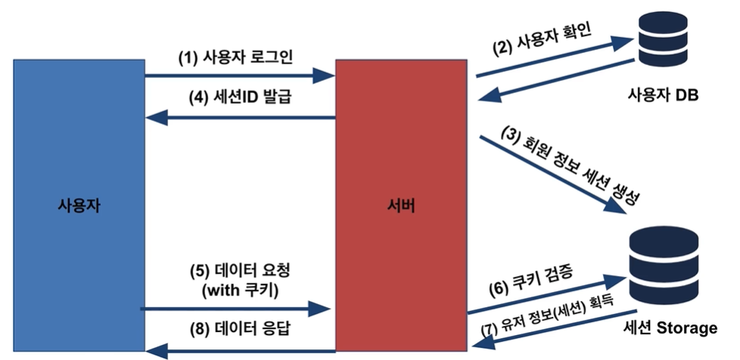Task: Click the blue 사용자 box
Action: pos(79,151)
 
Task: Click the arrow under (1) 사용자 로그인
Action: pos(239,76)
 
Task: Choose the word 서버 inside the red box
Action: pos(400,205)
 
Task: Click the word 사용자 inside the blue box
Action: pos(79,205)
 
